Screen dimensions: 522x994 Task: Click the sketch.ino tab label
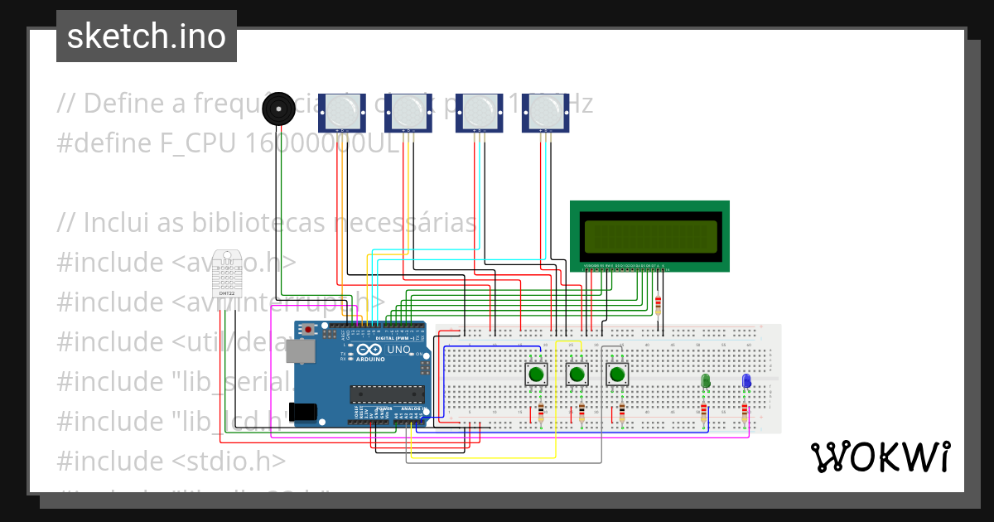click(x=146, y=36)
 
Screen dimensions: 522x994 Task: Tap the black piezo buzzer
click(x=277, y=109)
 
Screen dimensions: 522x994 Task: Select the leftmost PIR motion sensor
click(x=342, y=110)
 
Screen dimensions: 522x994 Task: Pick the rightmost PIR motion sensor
click(x=545, y=110)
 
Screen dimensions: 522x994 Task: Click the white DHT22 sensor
click(x=224, y=273)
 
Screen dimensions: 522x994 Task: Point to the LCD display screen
click(x=649, y=235)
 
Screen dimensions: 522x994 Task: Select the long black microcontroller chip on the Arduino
click(x=387, y=394)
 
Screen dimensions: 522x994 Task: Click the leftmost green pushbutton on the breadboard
click(x=536, y=375)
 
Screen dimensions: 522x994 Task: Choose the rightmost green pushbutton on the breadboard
click(x=616, y=375)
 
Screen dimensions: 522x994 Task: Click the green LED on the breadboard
click(x=706, y=381)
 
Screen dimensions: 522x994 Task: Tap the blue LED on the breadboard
click(x=746, y=381)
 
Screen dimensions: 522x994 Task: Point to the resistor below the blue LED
click(x=745, y=413)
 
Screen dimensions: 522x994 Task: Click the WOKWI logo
click(x=880, y=457)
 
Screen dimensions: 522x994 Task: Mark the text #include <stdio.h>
click(x=171, y=460)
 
